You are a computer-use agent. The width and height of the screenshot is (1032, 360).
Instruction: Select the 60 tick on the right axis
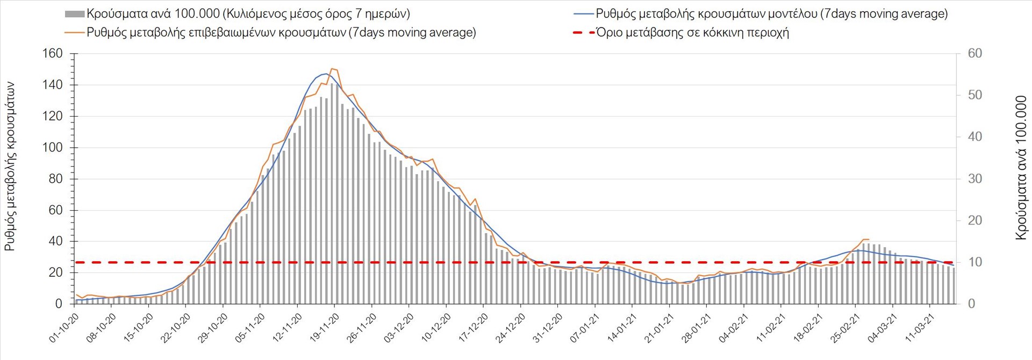pos(974,54)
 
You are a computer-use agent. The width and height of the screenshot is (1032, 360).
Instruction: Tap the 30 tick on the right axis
pos(974,179)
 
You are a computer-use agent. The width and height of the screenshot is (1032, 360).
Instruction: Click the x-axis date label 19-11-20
pos(324,328)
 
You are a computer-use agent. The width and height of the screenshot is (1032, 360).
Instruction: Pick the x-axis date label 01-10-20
pos(63,328)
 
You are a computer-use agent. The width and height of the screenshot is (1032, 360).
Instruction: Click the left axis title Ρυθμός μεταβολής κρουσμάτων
pos(10,167)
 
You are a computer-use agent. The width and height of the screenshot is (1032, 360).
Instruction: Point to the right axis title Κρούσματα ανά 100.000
pos(1021,168)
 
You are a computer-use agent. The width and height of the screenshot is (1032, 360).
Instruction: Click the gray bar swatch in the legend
pos(74,14)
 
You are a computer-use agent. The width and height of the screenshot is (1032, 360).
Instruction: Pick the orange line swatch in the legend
pos(74,33)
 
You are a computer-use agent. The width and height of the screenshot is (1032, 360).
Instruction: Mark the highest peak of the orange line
pos(332,69)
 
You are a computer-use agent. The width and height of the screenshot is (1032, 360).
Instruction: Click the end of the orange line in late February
pos(869,240)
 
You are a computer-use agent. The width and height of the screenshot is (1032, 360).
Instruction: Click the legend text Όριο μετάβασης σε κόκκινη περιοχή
pos(692,33)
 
